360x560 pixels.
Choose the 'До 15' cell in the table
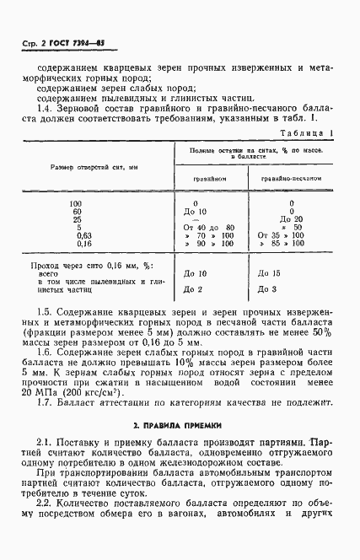(x=271, y=273)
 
